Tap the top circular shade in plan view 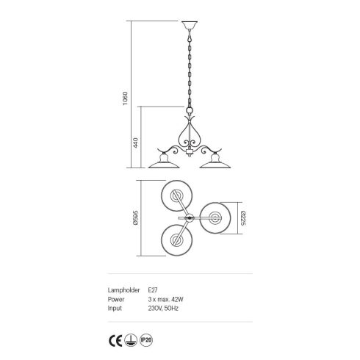point(176,196)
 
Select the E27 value point(152,290)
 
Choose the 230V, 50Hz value point(162,309)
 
